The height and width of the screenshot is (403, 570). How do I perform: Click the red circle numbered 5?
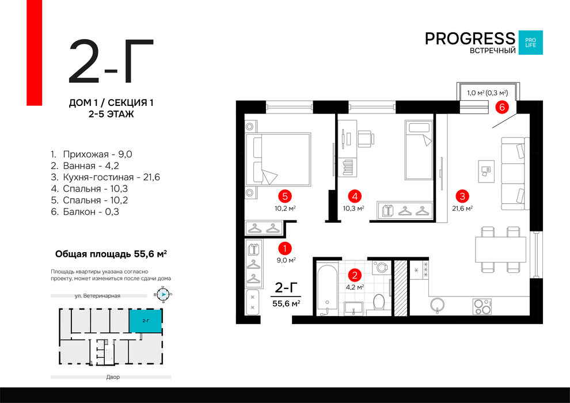click(x=284, y=196)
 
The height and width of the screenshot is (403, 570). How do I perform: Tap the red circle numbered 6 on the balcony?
click(x=502, y=107)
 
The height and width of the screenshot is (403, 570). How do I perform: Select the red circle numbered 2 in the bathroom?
click(x=355, y=275)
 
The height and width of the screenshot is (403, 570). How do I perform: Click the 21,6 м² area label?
click(x=462, y=208)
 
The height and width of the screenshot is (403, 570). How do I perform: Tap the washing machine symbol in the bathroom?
click(x=381, y=268)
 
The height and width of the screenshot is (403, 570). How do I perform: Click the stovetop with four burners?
click(x=482, y=306)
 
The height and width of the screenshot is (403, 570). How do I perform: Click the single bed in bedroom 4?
click(x=419, y=150)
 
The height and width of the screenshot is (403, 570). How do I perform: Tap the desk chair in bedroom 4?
click(x=366, y=139)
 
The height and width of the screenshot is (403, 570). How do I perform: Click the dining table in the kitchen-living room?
click(x=500, y=249)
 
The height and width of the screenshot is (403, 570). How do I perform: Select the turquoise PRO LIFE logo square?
click(x=530, y=43)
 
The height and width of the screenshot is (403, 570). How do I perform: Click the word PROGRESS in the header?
click(x=470, y=39)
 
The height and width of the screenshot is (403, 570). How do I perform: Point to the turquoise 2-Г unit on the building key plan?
click(x=146, y=321)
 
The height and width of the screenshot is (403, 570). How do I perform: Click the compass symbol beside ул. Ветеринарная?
click(x=164, y=294)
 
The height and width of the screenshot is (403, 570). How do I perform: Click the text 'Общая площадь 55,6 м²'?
click(x=111, y=254)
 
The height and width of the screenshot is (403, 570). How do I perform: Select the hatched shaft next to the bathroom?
click(x=401, y=288)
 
